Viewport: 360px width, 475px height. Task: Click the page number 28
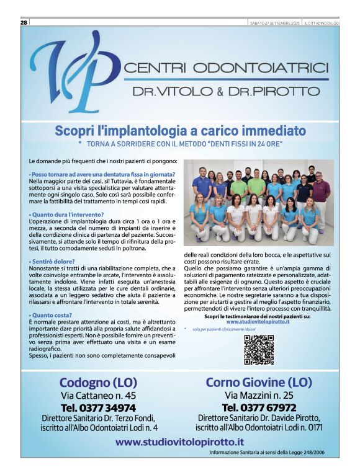[x=24, y=22]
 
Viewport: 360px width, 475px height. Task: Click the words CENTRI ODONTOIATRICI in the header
[x=226, y=67]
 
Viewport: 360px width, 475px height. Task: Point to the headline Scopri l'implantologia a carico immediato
[x=180, y=131]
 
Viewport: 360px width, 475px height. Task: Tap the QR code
[x=258, y=349]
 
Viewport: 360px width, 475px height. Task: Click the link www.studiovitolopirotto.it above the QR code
[x=258, y=322]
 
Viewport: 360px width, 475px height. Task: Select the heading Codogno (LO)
[x=98, y=382]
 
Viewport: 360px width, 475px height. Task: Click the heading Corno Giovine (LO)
[x=259, y=382]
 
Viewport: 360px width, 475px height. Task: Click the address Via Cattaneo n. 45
[x=98, y=395]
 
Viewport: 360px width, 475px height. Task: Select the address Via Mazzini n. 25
[x=259, y=395]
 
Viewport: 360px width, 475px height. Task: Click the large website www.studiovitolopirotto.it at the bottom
[x=179, y=442]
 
